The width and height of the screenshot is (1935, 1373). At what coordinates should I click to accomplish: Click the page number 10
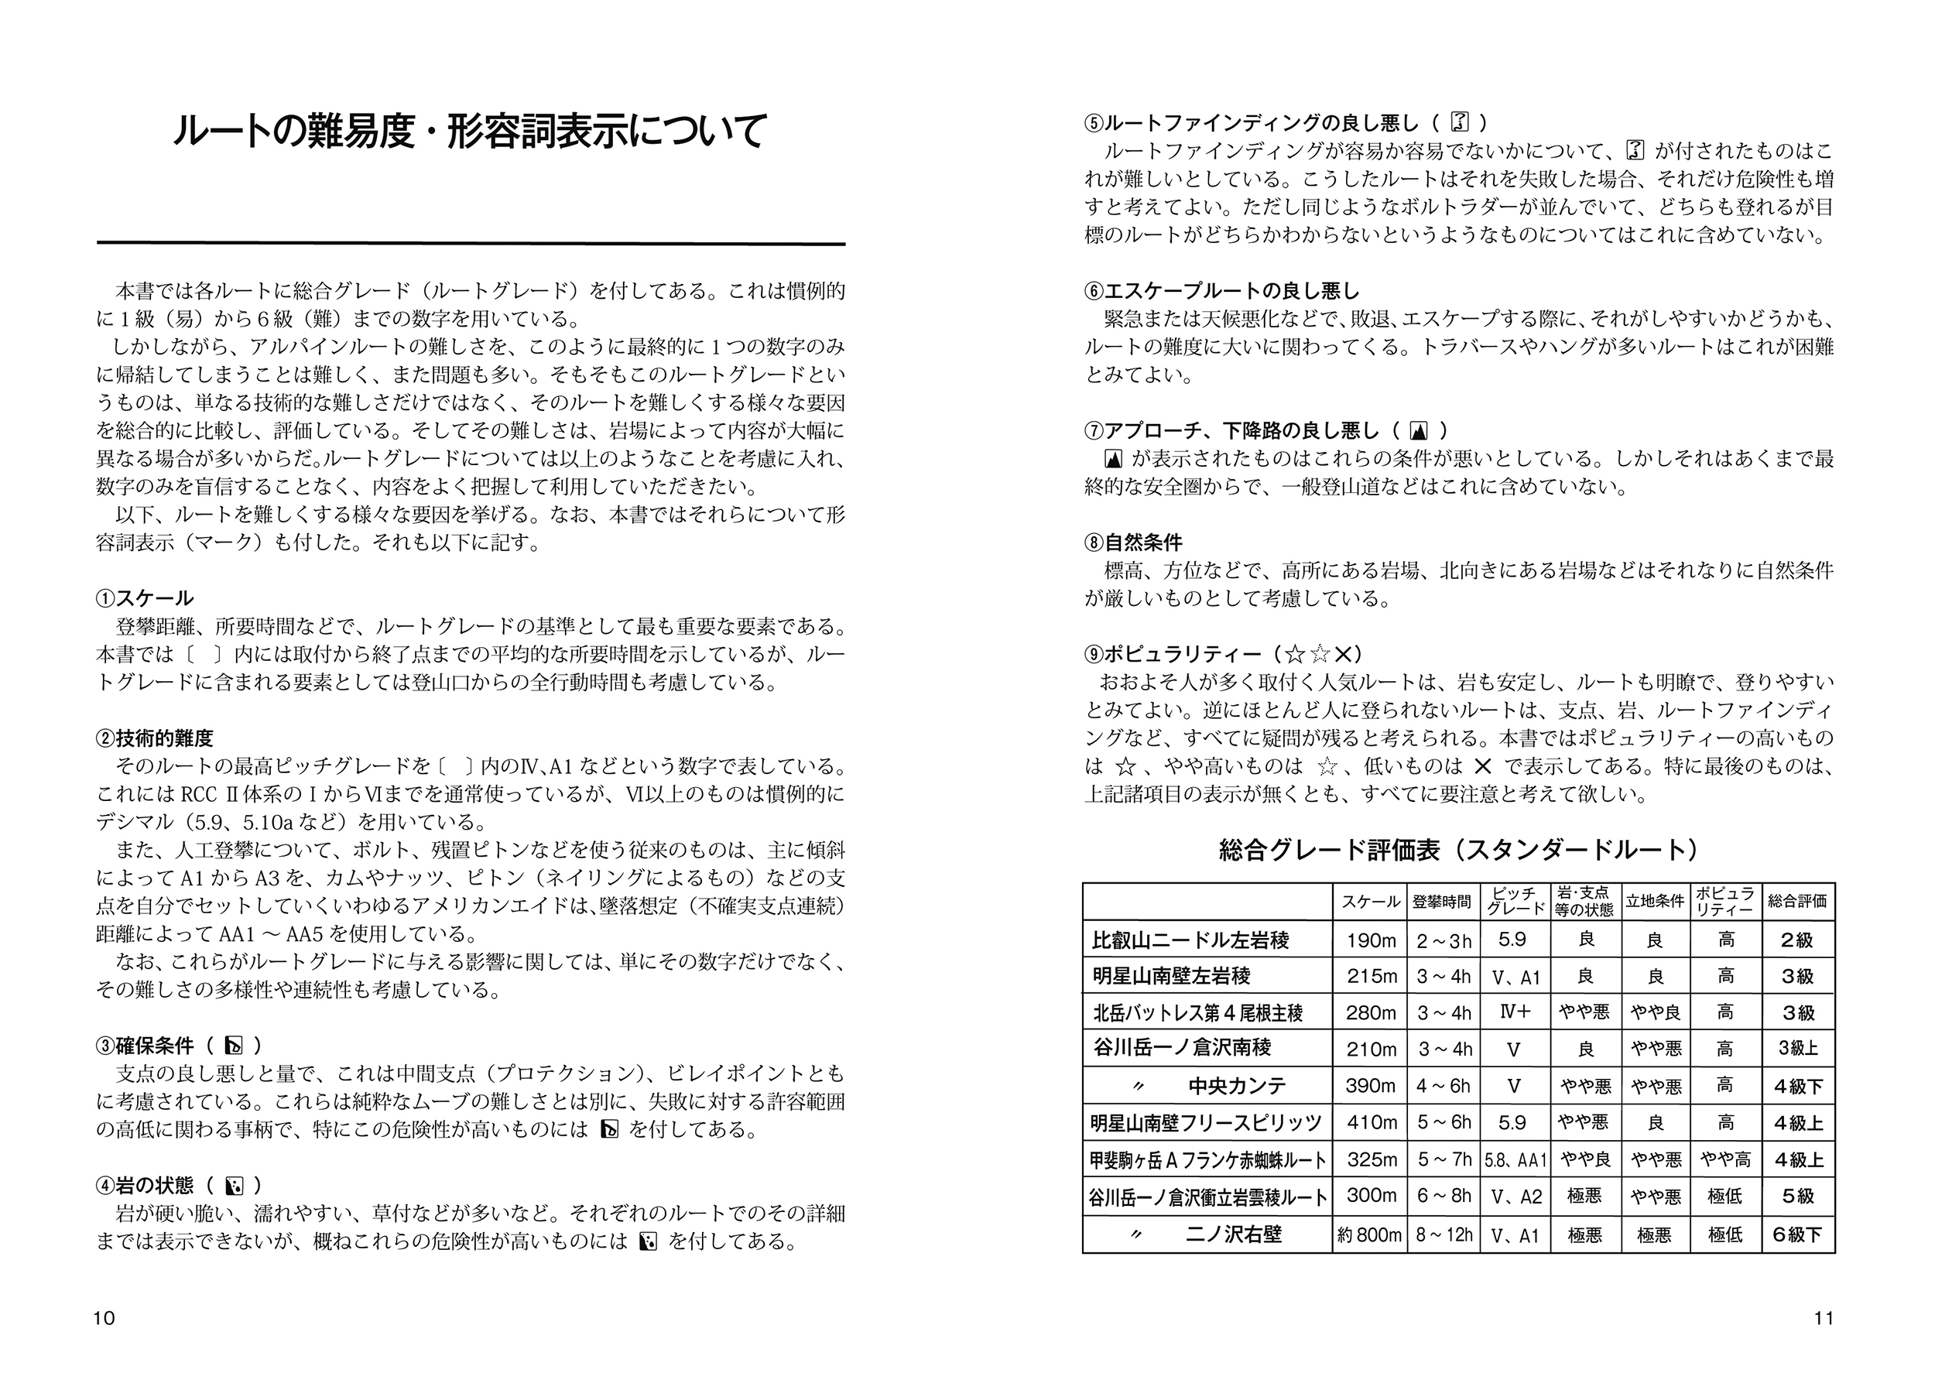point(104,1318)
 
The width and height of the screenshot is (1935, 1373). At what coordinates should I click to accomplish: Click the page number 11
point(1824,1318)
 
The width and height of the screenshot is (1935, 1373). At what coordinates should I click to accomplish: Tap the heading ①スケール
point(145,598)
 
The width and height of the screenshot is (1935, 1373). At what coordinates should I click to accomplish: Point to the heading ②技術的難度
point(155,738)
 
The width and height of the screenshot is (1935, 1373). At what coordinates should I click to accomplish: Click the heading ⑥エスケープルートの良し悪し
point(1222,291)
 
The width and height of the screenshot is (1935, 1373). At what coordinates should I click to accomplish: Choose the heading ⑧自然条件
point(1134,542)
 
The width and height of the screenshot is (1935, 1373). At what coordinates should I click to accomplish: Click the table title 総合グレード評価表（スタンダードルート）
point(1458,850)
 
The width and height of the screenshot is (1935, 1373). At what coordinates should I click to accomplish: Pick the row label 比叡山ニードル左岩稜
point(1190,940)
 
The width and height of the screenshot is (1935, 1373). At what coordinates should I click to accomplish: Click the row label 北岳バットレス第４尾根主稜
point(1198,1013)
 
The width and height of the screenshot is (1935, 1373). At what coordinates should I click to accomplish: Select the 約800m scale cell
point(1369,1235)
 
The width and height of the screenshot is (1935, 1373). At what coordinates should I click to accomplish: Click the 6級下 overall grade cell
point(1797,1235)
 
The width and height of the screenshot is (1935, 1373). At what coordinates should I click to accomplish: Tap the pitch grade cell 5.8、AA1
point(1515,1161)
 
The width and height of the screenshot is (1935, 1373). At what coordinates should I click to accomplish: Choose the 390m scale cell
point(1370,1087)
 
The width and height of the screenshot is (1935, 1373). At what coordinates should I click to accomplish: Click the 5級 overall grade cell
point(1797,1197)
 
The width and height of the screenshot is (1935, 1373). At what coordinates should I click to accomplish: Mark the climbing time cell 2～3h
point(1444,941)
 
